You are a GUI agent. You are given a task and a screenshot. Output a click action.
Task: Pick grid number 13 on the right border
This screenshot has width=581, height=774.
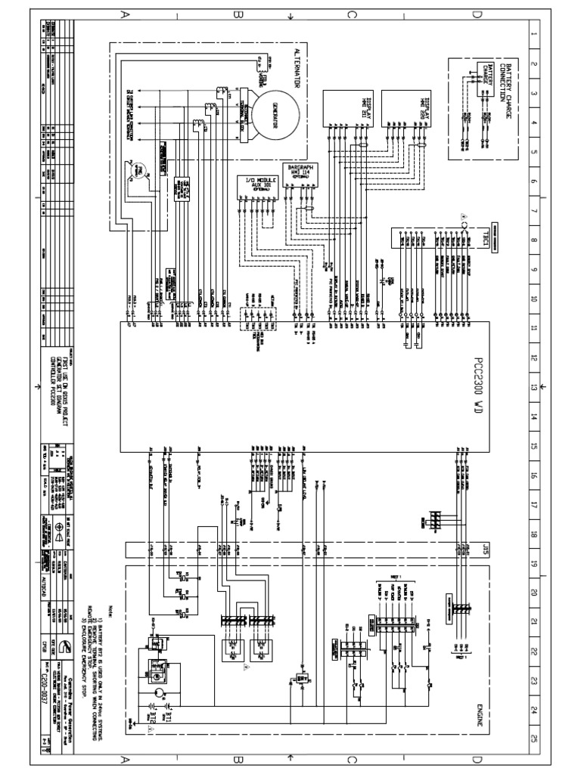pos(534,386)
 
